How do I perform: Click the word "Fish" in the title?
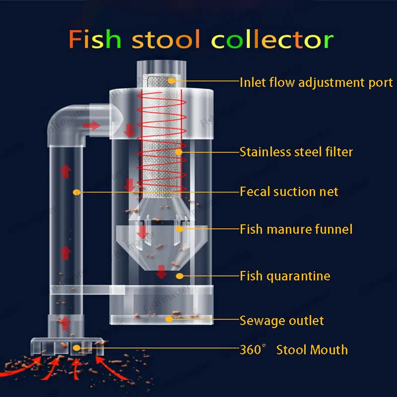(x=95, y=39)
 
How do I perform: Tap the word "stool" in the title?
(x=166, y=39)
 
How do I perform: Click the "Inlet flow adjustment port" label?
(x=316, y=82)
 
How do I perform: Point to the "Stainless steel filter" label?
(x=296, y=151)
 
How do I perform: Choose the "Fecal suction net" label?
(x=289, y=192)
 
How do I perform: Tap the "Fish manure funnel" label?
(x=296, y=229)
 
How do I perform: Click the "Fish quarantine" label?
(x=285, y=275)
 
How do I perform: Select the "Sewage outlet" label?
(x=282, y=321)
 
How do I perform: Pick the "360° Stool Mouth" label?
(x=294, y=349)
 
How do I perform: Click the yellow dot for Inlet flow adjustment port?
(x=171, y=80)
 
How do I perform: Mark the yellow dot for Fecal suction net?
(x=76, y=192)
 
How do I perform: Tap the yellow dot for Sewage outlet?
(x=169, y=319)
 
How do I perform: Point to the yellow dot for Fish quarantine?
(x=180, y=275)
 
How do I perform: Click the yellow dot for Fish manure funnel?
(x=180, y=229)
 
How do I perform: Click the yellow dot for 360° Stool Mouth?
(x=76, y=348)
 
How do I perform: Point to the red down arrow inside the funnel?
(x=142, y=231)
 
